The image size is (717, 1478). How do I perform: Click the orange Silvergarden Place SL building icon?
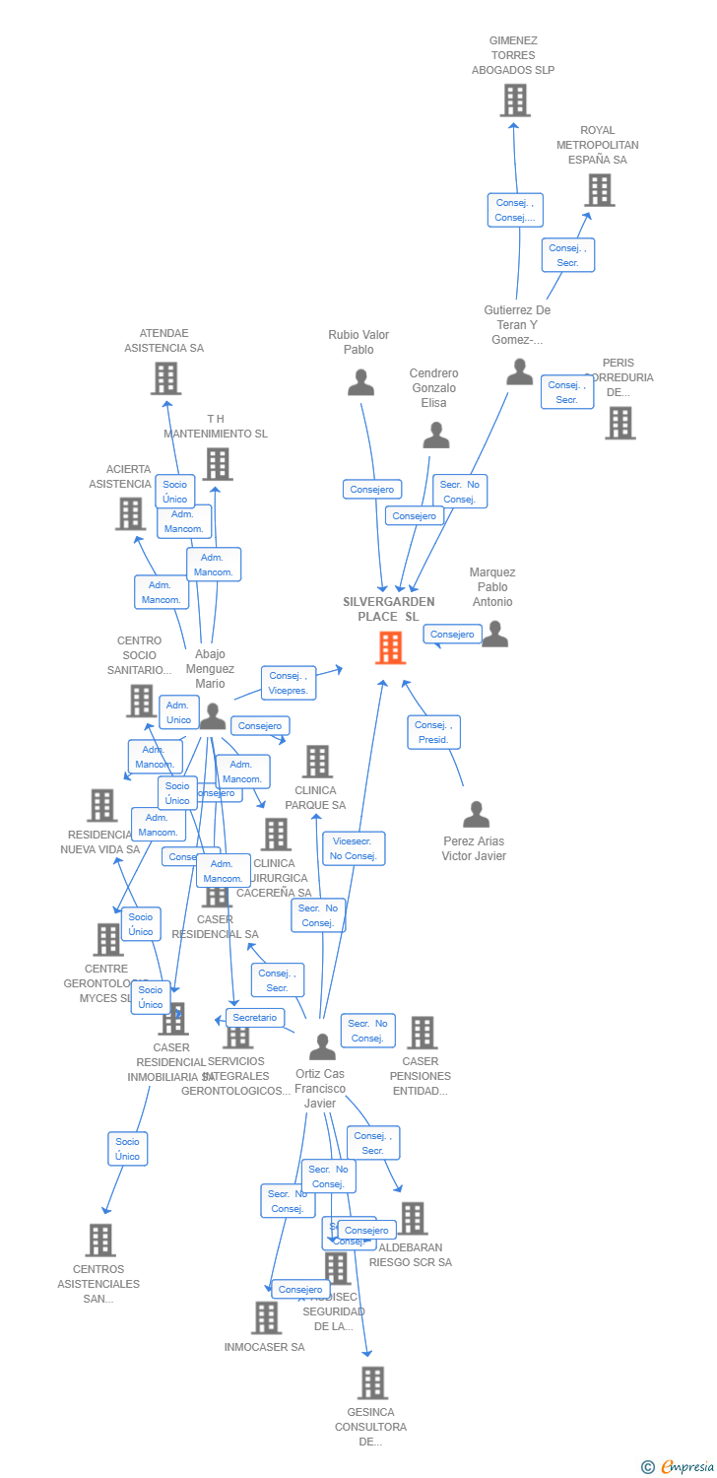tap(390, 647)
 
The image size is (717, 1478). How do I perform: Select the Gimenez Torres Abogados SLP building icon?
tap(514, 101)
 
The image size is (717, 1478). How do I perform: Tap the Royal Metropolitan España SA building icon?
tap(599, 190)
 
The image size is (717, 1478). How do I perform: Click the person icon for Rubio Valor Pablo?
tap(361, 382)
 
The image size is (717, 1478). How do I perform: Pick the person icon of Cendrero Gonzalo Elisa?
tap(435, 435)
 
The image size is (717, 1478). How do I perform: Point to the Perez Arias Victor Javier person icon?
tap(476, 815)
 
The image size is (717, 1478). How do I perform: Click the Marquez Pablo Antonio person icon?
tap(494, 634)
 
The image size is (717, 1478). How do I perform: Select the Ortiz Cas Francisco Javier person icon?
tap(322, 1046)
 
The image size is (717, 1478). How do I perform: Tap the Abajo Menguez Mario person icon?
tap(213, 716)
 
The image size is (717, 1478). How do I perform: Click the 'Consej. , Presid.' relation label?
tap(433, 732)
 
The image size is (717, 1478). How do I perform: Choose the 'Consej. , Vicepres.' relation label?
tap(289, 683)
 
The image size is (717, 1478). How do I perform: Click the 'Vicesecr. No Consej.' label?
tap(354, 848)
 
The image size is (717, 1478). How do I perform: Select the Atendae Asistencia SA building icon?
tap(165, 377)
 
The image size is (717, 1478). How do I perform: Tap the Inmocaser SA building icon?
tap(266, 1317)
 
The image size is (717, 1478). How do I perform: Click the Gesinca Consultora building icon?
tap(371, 1382)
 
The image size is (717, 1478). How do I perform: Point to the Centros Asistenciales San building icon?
tap(99, 1240)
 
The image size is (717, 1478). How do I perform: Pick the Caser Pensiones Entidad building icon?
tap(422, 1033)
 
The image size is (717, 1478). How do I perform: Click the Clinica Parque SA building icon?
tap(316, 761)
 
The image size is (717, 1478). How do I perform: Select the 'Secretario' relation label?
tap(255, 1018)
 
